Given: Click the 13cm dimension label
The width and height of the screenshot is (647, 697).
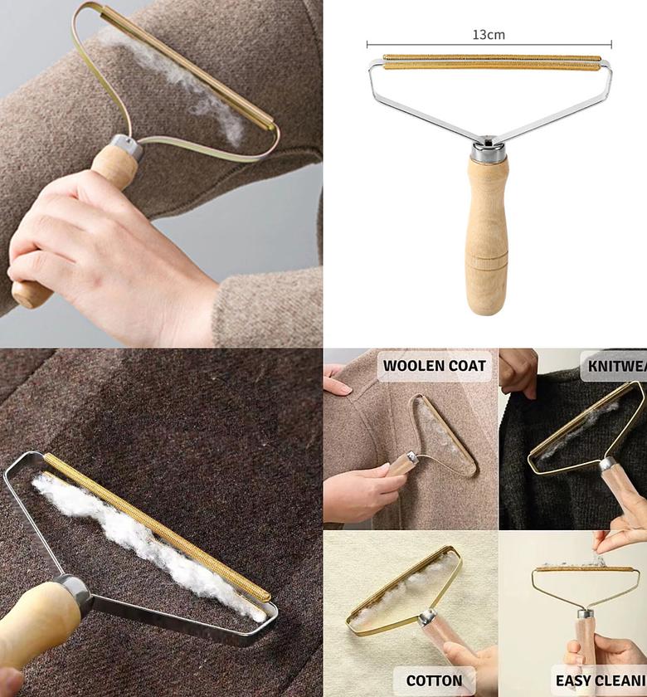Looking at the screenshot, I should pos(489,35).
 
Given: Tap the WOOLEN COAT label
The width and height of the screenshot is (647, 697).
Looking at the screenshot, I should pos(435,366).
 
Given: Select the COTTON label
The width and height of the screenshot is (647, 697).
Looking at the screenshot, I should pos(434,680).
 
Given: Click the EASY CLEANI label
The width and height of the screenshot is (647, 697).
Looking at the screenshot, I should pos(599,680).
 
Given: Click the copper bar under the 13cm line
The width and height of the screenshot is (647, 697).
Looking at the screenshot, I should pos(491,61).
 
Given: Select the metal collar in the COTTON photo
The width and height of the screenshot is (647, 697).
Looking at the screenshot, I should pos(427,618).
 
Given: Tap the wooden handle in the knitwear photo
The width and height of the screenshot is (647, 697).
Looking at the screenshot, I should pos(618,490).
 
